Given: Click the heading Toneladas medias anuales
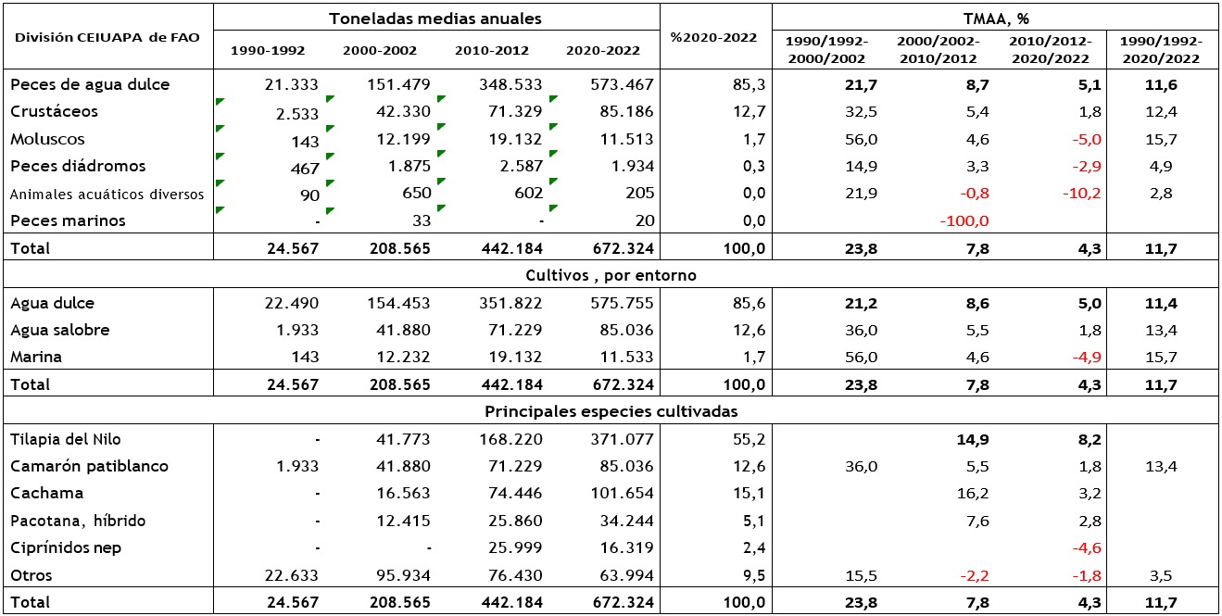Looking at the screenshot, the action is coord(435,19).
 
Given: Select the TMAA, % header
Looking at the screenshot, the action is coord(996,19).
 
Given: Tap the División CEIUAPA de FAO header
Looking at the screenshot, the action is coord(107,38).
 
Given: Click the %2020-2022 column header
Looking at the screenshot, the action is coord(713,38).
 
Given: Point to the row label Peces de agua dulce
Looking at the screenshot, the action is coord(90,84).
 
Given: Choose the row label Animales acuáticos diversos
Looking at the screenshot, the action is coord(107,195).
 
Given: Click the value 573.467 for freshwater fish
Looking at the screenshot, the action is coord(622,84).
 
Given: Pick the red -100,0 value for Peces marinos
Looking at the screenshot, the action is coord(964,221).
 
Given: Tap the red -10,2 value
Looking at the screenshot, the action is coord(1082,194).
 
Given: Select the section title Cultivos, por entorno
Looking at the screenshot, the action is coord(611,275).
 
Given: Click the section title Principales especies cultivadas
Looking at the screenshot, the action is coord(611,411).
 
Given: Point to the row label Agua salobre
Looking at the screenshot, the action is coord(60,330).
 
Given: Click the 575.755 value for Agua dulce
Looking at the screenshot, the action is coord(622,303).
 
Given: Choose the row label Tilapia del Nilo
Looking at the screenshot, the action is coord(66,439).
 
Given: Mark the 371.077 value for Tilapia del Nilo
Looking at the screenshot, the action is coord(622,439).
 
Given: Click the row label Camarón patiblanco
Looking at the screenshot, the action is coord(90,467).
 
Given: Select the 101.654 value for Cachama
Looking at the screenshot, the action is coord(622,493).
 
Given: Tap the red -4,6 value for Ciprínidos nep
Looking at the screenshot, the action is coord(1087,547).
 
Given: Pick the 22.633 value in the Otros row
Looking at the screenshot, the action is coord(291,575).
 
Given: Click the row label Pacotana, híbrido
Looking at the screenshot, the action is coord(78,522).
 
